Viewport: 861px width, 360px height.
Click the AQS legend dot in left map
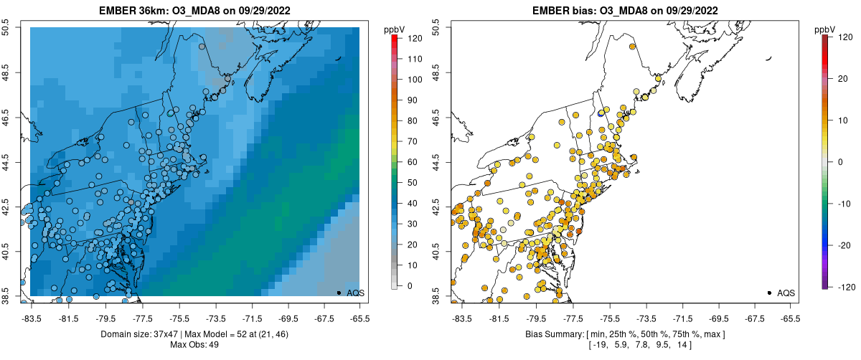click(x=339, y=293)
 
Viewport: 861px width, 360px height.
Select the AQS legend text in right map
click(x=786, y=293)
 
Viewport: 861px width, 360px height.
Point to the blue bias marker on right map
click(x=601, y=113)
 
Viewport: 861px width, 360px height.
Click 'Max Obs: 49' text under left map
click(x=194, y=345)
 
